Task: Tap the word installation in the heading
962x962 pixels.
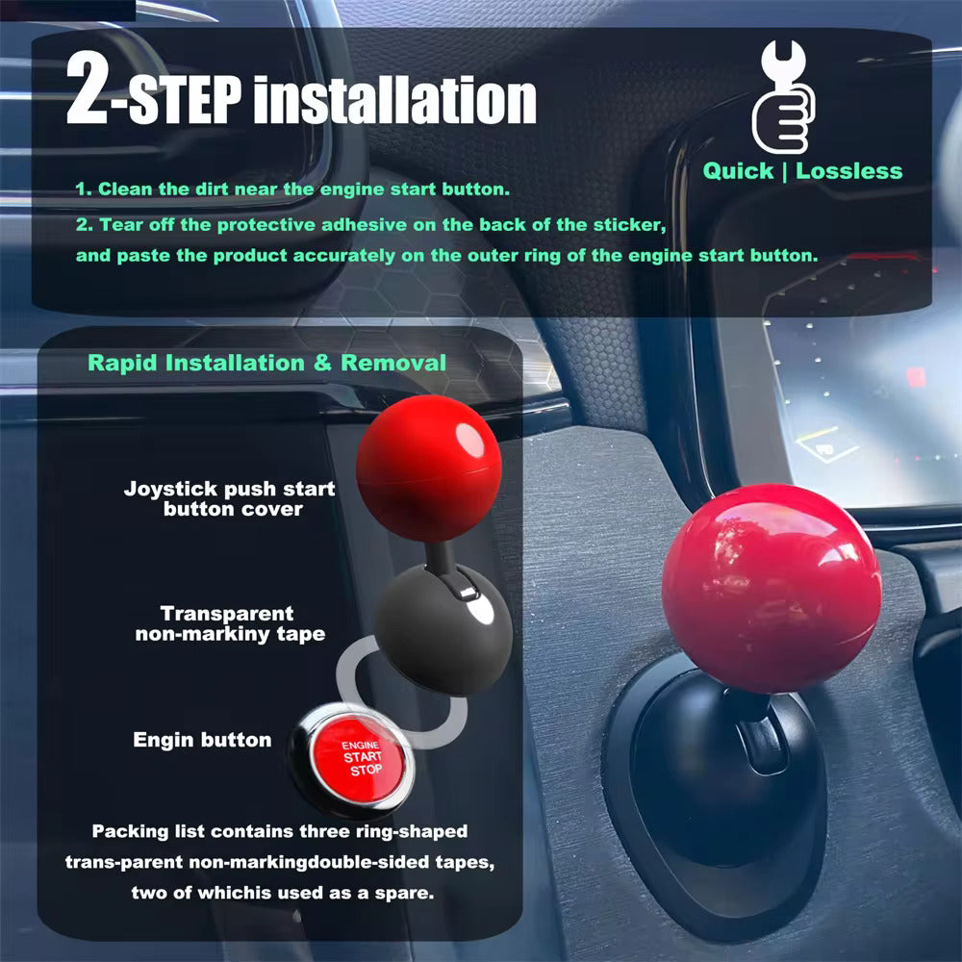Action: click(398, 98)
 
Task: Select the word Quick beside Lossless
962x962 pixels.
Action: click(738, 171)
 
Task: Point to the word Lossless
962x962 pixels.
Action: click(848, 171)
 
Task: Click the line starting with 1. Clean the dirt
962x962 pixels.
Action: click(291, 190)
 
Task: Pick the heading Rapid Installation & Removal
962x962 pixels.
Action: click(266, 363)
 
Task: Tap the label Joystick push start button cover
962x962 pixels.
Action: click(230, 498)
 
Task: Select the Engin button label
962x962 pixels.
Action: click(202, 740)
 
